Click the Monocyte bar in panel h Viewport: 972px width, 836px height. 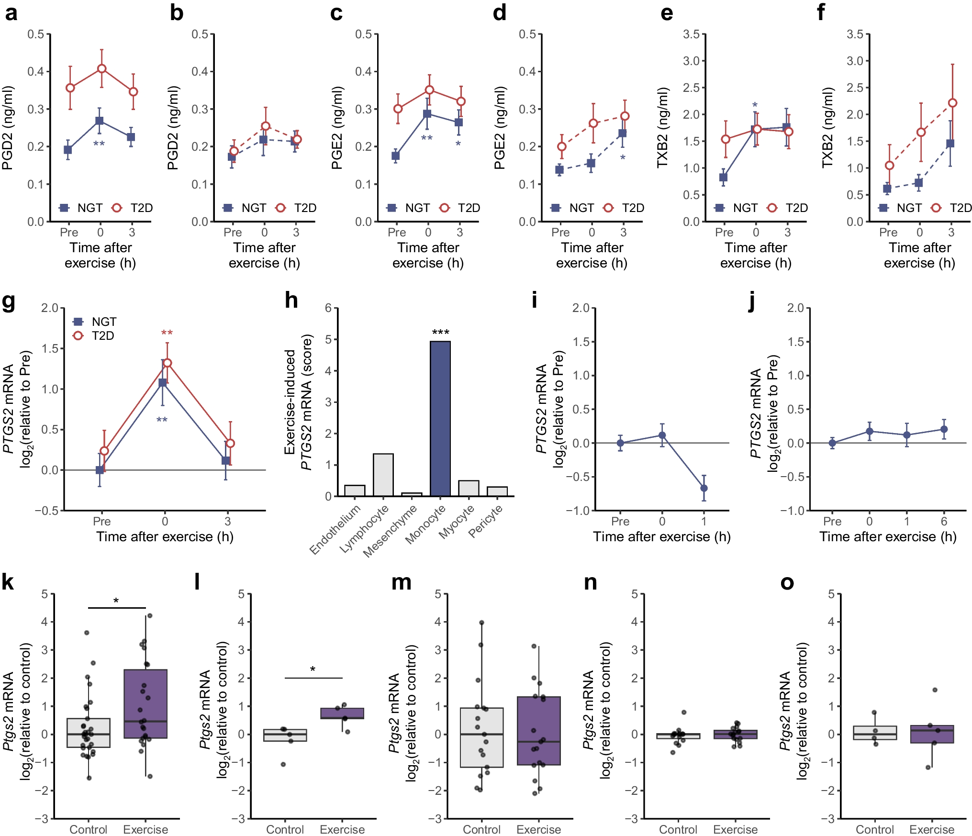440,418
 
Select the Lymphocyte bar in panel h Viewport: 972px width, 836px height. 383,475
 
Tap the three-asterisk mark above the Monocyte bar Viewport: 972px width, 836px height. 440,332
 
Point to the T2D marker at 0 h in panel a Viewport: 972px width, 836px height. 101,68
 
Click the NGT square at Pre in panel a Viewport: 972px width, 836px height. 68,150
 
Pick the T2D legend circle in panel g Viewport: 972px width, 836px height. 78,335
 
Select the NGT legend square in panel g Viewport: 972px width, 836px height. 78,322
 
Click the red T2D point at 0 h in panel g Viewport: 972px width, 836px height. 167,363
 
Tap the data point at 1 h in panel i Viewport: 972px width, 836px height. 704,488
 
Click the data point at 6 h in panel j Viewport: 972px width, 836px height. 944,429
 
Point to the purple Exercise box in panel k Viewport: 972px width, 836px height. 145,703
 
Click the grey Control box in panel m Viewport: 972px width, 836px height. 481,737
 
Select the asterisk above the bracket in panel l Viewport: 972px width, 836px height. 313,669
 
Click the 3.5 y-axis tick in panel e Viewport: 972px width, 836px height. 691,34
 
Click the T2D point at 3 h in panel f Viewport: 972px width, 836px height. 952,103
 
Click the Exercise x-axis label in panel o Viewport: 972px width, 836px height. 932,829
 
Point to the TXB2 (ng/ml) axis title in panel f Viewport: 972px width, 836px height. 827,127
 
